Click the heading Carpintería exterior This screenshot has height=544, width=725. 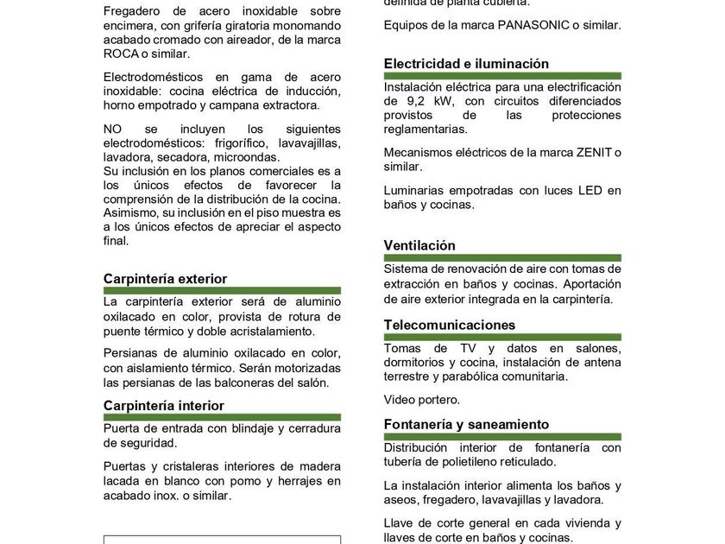(165, 279)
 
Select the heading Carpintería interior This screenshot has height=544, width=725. (163, 406)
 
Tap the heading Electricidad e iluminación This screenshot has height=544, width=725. (466, 64)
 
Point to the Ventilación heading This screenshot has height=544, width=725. (419, 246)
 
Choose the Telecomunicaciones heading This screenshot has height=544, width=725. (450, 326)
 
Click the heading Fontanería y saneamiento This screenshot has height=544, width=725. (466, 425)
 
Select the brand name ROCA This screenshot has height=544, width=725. (121, 54)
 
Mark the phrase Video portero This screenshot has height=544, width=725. (422, 400)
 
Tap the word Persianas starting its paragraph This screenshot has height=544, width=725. (131, 353)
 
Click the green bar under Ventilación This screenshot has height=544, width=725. (502, 257)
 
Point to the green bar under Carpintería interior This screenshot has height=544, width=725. (222, 417)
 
